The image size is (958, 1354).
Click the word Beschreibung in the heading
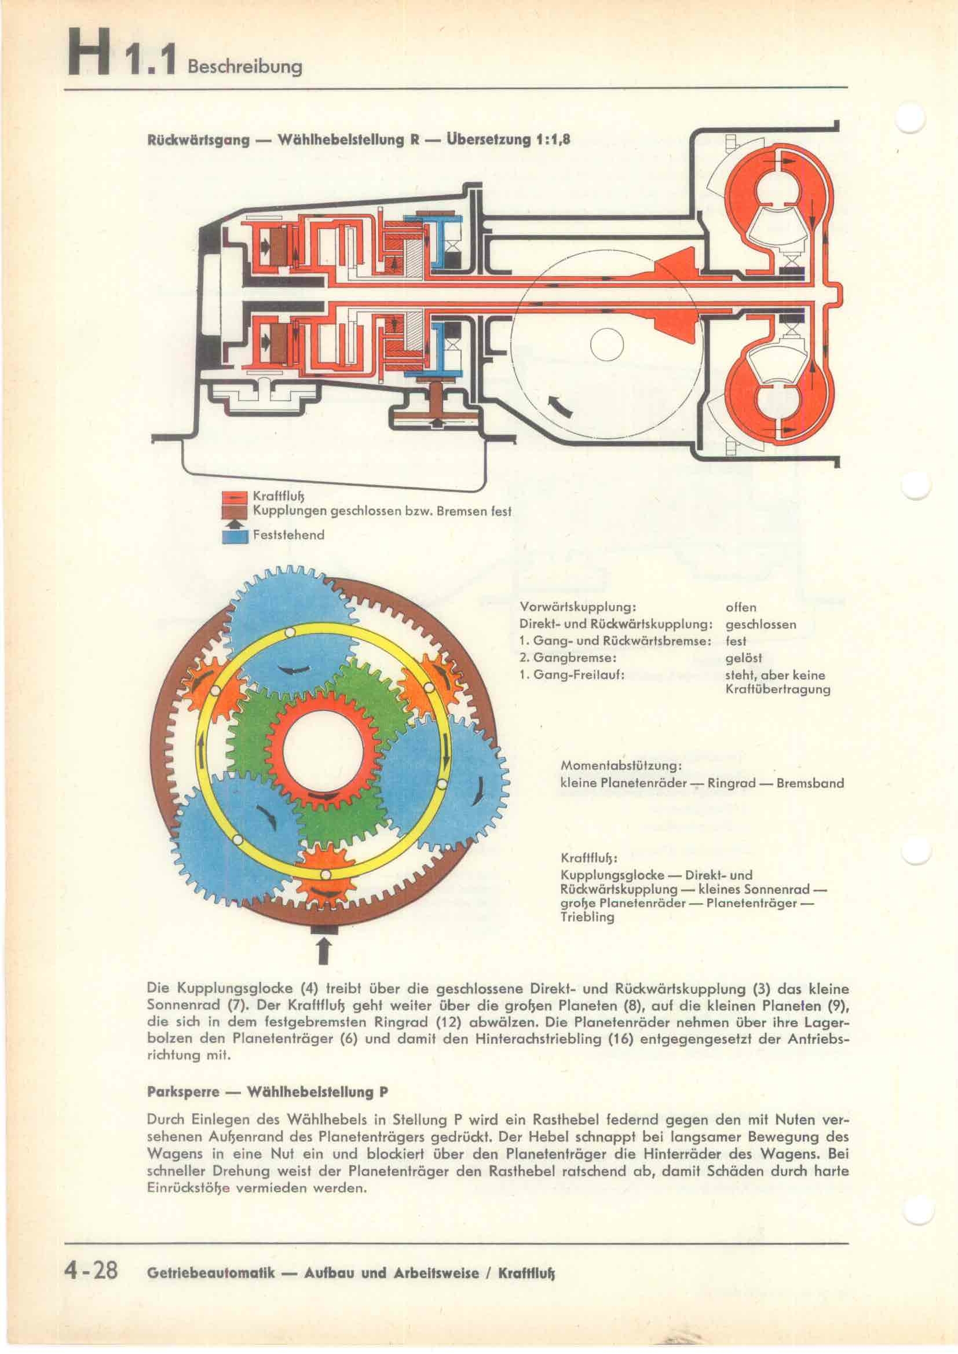pos(244,65)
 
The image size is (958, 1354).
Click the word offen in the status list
pos(740,607)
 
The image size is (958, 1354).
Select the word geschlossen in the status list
pos(760,625)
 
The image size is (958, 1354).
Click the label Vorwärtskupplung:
pos(577,607)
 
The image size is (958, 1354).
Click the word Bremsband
pos(810,783)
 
